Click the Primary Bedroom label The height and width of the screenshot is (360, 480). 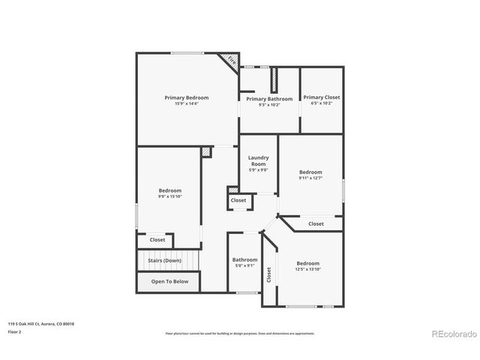point(187,97)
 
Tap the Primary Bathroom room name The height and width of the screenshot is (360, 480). point(269,99)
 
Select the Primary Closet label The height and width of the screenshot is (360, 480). point(321,97)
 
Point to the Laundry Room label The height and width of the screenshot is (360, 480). point(258,160)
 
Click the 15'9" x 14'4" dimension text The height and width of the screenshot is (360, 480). point(187,104)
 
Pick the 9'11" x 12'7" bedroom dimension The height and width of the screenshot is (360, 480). point(310,178)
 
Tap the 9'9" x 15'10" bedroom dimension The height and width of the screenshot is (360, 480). point(169,196)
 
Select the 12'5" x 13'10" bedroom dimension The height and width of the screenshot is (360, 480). point(307,269)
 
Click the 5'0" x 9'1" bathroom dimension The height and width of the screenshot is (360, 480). point(244,265)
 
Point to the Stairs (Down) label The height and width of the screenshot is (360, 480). point(164,260)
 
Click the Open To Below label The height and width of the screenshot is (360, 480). point(169,282)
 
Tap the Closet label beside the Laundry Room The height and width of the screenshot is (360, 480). point(238,200)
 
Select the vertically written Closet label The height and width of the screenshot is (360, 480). point(269,275)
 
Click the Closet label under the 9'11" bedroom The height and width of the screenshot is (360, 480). point(316,223)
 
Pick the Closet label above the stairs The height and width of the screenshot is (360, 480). point(157,240)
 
